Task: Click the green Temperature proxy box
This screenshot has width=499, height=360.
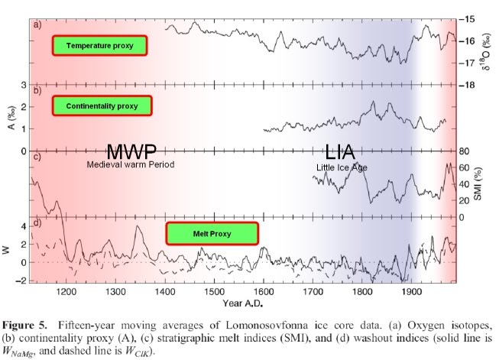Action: (x=99, y=45)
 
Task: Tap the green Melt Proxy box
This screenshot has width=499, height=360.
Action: (x=212, y=231)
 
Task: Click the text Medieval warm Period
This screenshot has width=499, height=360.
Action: (x=131, y=164)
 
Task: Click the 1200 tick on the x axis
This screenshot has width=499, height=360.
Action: (x=66, y=291)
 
